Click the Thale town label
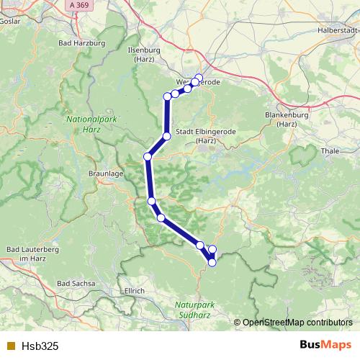[328, 152]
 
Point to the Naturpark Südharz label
[194, 309]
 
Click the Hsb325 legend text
[41, 346]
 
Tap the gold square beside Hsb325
[10, 346]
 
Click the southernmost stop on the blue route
[212, 263]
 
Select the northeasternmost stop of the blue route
[199, 78]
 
